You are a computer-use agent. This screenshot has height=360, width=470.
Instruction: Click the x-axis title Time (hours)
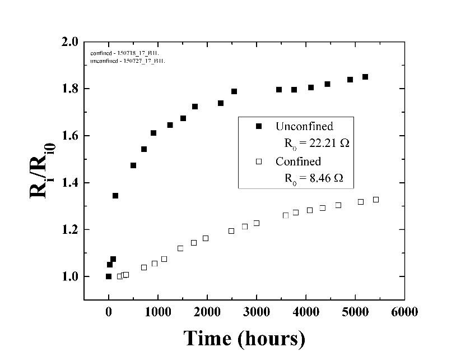[244, 339]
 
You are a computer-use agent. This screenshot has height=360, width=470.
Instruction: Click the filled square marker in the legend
[258, 127]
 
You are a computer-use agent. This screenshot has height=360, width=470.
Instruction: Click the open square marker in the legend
[258, 162]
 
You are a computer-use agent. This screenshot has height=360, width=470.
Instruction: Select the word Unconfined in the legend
[304, 126]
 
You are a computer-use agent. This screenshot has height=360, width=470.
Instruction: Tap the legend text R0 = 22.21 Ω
[317, 144]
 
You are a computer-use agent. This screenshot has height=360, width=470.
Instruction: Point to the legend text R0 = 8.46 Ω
[314, 179]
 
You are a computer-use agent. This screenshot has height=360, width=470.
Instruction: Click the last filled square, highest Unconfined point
[365, 77]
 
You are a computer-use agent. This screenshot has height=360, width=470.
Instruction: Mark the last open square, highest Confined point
[376, 200]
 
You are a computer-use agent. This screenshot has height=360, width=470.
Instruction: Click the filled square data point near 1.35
[115, 196]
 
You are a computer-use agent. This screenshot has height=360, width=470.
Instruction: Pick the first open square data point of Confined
[119, 276]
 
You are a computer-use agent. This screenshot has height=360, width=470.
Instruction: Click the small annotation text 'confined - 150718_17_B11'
[119, 53]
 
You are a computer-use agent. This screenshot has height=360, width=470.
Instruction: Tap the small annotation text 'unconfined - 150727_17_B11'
[123, 61]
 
